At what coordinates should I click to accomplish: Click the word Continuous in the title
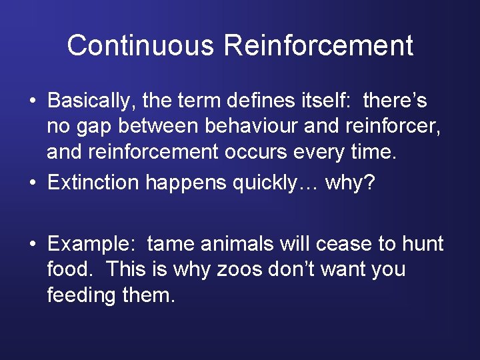tap(141, 46)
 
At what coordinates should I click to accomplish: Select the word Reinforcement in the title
tap(319, 46)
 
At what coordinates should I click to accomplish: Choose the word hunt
tap(423, 244)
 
